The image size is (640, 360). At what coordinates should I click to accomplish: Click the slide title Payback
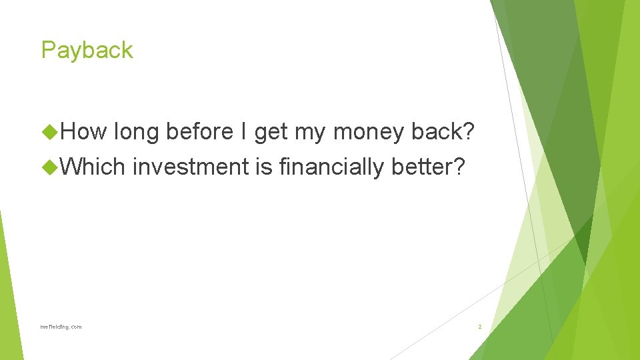87,51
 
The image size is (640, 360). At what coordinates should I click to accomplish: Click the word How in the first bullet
83,133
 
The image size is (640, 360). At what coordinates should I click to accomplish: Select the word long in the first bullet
136,133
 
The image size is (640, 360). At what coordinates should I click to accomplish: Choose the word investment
190,167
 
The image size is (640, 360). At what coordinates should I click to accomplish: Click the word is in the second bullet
264,167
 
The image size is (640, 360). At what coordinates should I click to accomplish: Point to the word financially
332,167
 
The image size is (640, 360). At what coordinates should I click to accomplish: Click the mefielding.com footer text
61,327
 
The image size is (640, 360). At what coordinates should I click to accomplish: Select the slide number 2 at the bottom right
479,327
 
